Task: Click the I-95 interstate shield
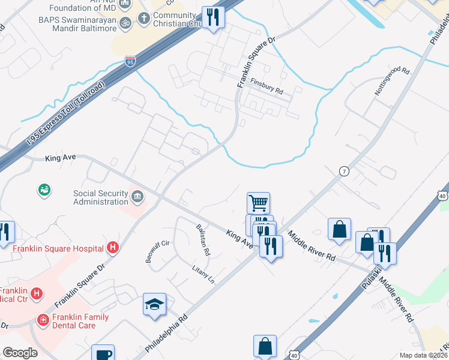point(130,61)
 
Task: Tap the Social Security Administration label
point(101,197)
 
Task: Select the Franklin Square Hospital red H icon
point(112,247)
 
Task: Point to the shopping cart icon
point(258,203)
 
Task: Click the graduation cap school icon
point(154,304)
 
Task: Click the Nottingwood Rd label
point(391,82)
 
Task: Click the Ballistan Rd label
point(202,239)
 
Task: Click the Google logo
point(20,353)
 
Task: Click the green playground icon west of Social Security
point(44,191)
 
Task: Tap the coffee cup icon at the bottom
point(104,353)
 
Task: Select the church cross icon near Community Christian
point(143,18)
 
